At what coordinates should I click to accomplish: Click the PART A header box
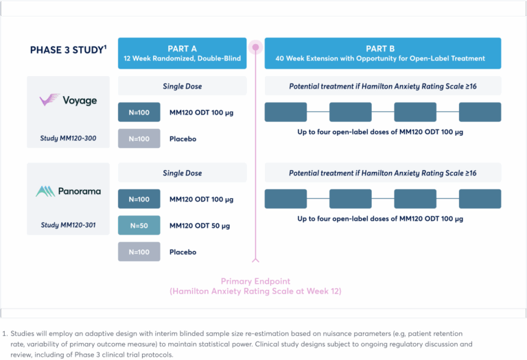point(182,53)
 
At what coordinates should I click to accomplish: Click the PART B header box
point(383,53)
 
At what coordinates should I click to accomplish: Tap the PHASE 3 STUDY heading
point(68,50)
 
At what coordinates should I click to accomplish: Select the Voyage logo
point(68,100)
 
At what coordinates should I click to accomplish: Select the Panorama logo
point(68,191)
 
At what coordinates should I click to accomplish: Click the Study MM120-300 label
point(68,139)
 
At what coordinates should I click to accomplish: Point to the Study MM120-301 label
point(68,225)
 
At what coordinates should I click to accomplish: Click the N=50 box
point(139,226)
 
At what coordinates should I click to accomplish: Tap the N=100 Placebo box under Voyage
point(139,139)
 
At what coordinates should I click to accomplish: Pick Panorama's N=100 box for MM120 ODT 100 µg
point(139,200)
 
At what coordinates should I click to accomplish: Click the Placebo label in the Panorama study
point(183,252)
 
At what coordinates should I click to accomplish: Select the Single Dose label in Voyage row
point(182,86)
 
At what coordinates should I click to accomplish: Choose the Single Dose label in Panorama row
point(182,173)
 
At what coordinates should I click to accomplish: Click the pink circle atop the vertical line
point(255,47)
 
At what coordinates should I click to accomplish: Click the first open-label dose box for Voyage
point(285,112)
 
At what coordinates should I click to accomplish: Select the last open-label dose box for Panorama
point(480,199)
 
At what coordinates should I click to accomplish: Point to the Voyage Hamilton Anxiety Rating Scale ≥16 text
point(383,86)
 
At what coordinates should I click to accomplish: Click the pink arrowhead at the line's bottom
point(255,259)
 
